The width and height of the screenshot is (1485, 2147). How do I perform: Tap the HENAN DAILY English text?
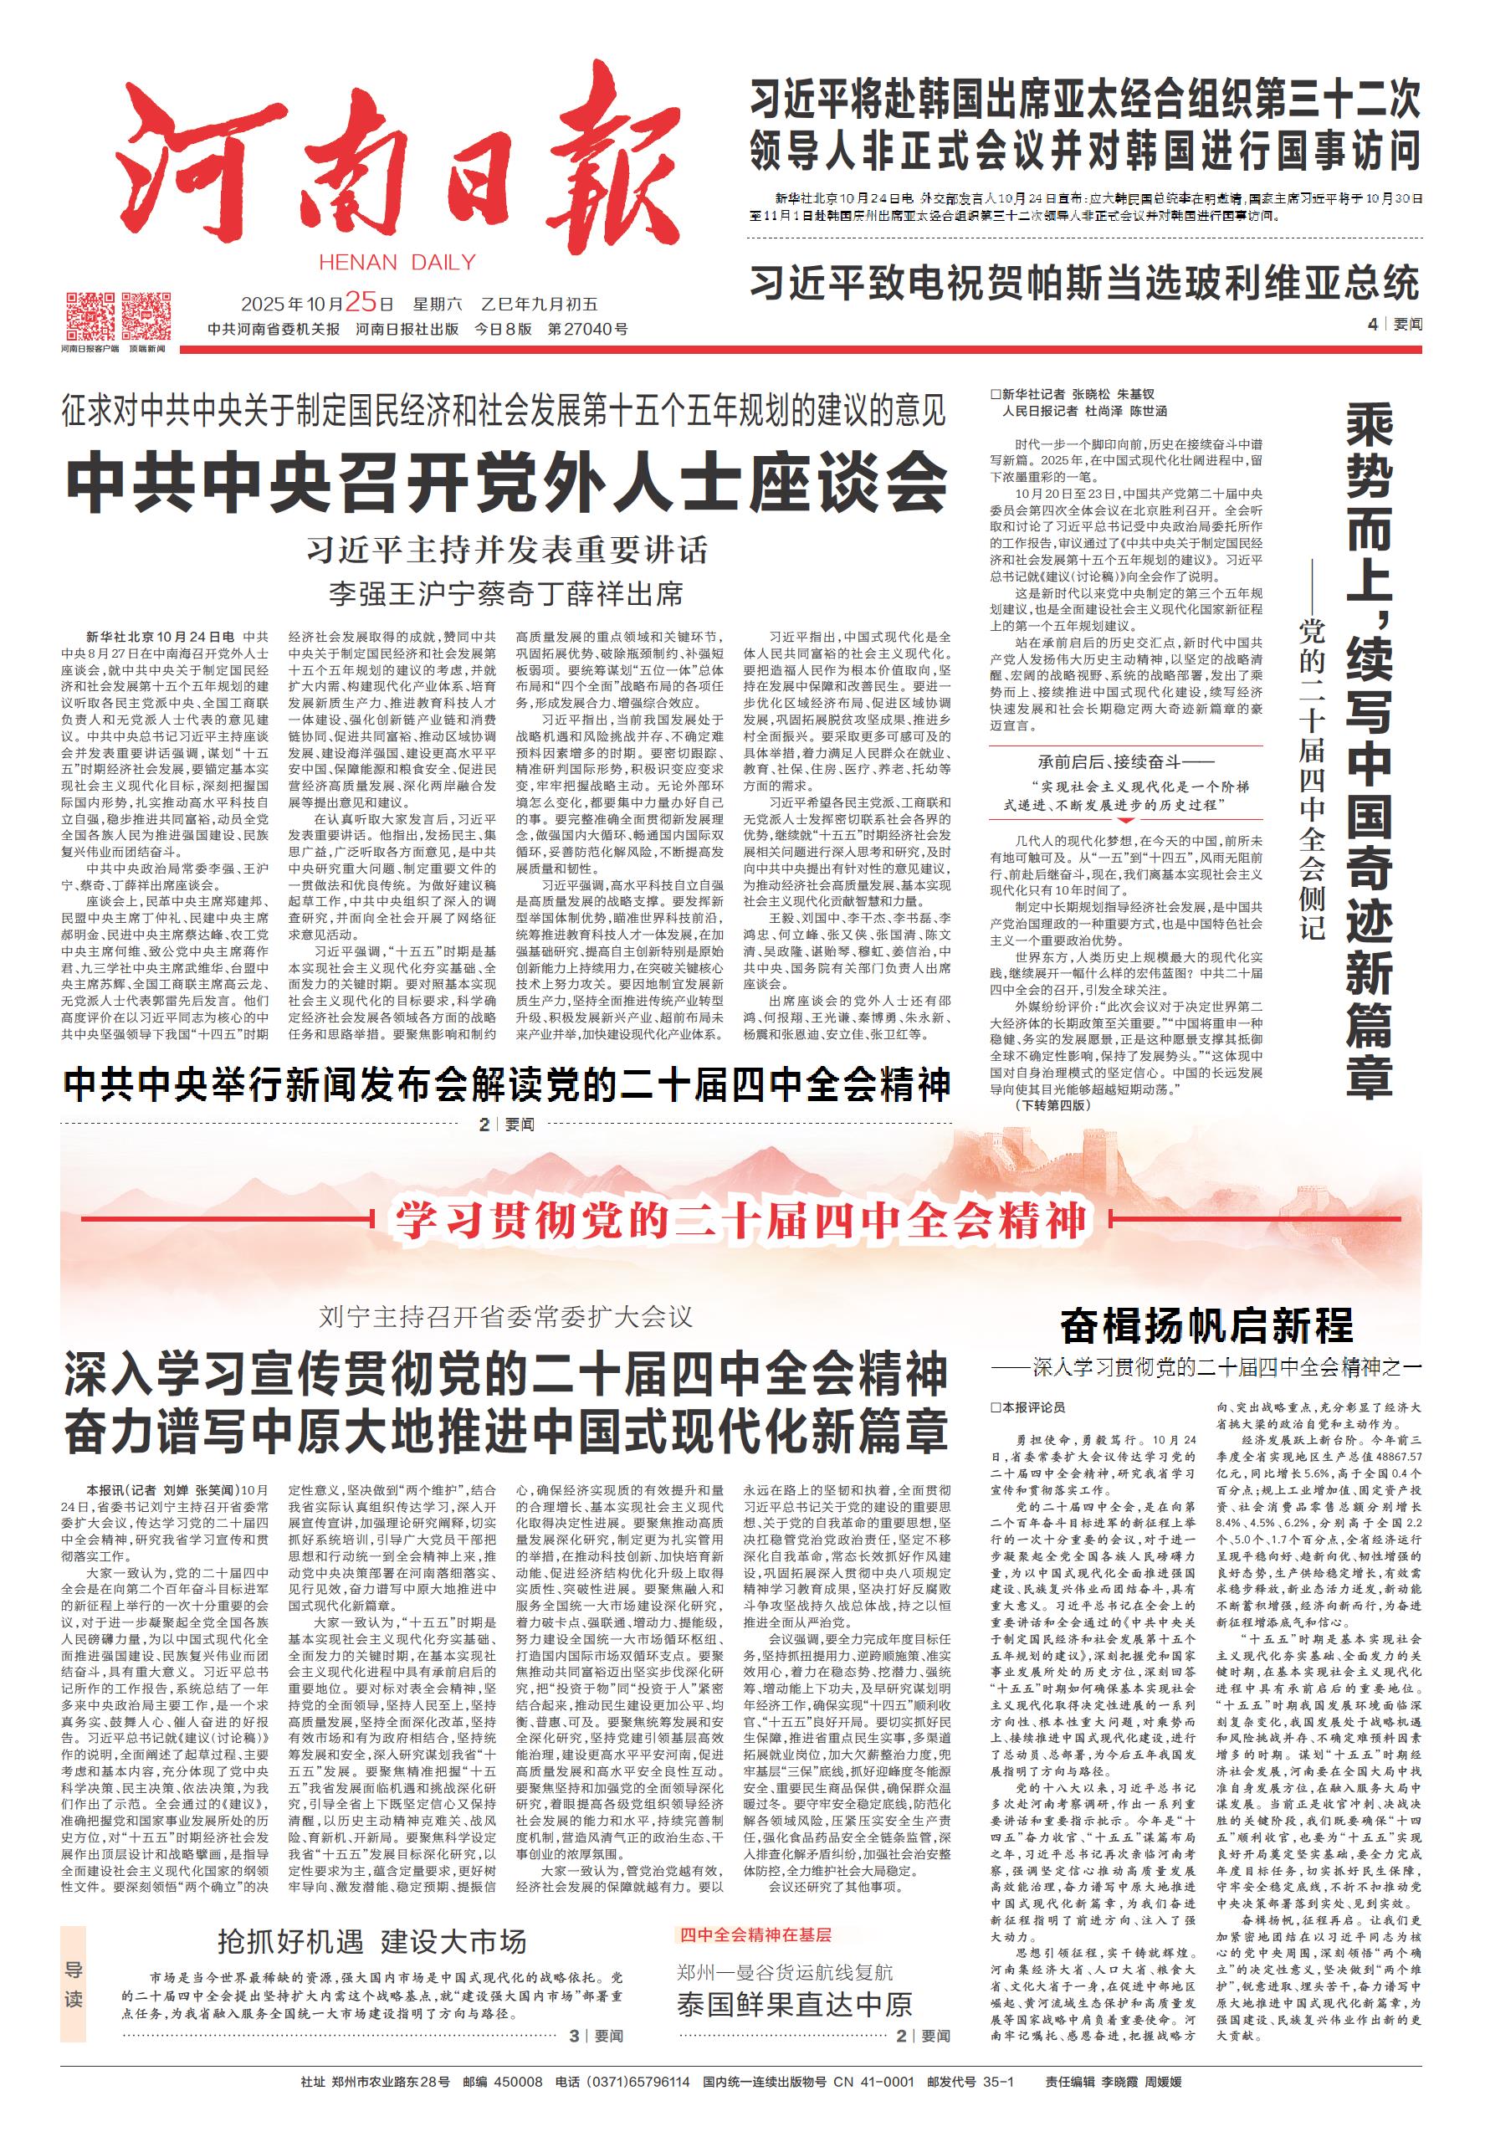(397, 263)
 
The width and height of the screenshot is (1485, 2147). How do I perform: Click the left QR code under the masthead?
(90, 315)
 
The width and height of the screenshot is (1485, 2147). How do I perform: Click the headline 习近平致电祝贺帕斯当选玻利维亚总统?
(1084, 281)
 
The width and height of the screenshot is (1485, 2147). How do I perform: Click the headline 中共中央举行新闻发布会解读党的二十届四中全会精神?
(507, 1085)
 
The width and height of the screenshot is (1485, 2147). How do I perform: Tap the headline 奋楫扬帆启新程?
(1206, 1325)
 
